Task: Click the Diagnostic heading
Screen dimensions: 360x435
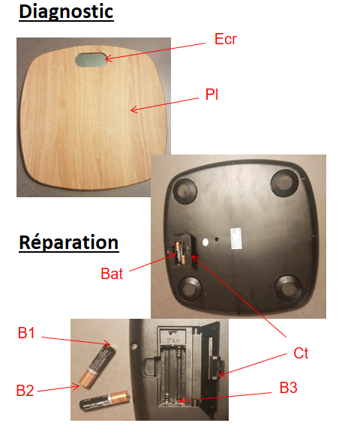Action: (66, 12)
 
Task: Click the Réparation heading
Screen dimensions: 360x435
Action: (69, 243)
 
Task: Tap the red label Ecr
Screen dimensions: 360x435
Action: (226, 39)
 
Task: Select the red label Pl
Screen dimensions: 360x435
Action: (212, 94)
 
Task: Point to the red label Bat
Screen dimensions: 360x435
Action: (112, 274)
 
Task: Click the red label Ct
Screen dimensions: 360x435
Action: (301, 353)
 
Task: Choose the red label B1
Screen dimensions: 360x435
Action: (26, 333)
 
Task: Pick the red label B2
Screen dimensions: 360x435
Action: (25, 390)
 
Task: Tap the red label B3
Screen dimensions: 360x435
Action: (289, 388)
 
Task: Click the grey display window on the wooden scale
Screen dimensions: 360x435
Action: (91, 60)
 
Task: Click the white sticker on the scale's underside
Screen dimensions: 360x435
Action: (235, 238)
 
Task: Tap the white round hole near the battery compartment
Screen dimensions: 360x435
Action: (205, 242)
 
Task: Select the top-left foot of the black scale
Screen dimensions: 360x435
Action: (185, 190)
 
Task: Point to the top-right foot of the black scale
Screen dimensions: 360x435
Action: (284, 181)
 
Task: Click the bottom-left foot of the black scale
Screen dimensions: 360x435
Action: (190, 288)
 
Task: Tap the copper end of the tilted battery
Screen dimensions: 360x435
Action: (87, 379)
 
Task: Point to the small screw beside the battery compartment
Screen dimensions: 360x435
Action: (135, 346)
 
